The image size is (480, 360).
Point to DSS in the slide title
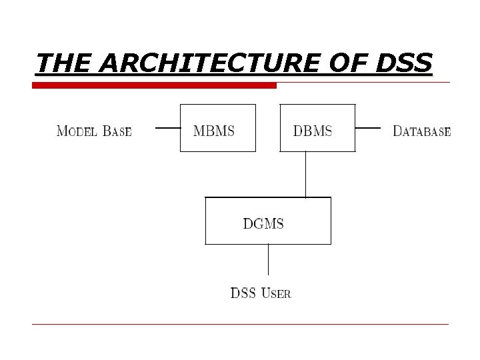click(403, 63)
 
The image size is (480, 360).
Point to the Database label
click(421, 131)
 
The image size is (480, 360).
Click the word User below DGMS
click(275, 293)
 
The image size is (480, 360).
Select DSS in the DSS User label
click(243, 293)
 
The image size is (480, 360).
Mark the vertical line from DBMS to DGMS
click(305, 175)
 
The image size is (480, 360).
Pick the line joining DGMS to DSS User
click(268, 259)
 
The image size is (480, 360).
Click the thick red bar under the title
click(155, 86)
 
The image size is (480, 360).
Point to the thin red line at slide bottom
click(240, 324)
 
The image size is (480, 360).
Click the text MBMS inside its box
click(213, 131)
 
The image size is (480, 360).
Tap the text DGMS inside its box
click(263, 224)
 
